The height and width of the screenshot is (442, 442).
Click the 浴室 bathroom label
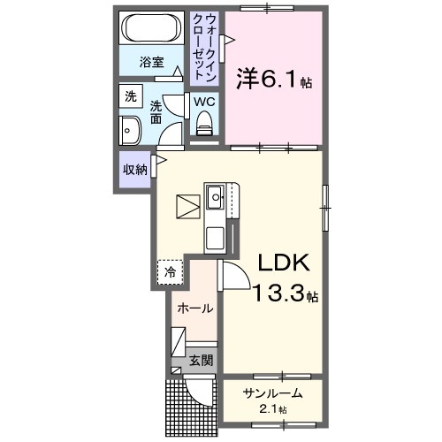click(152, 63)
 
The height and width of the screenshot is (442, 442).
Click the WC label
click(204, 102)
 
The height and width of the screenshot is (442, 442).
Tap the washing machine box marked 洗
click(130, 97)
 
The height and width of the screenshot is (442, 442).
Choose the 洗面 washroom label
click(156, 110)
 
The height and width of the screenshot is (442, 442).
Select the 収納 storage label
click(134, 170)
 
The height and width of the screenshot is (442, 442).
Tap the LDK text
click(282, 263)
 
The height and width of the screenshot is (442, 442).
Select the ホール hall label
click(194, 309)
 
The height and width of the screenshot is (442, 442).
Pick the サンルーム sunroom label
click(273, 393)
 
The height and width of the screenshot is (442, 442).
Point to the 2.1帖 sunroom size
click(273, 410)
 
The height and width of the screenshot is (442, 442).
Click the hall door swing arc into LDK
click(232, 276)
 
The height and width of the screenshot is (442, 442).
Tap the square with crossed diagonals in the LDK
click(188, 208)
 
